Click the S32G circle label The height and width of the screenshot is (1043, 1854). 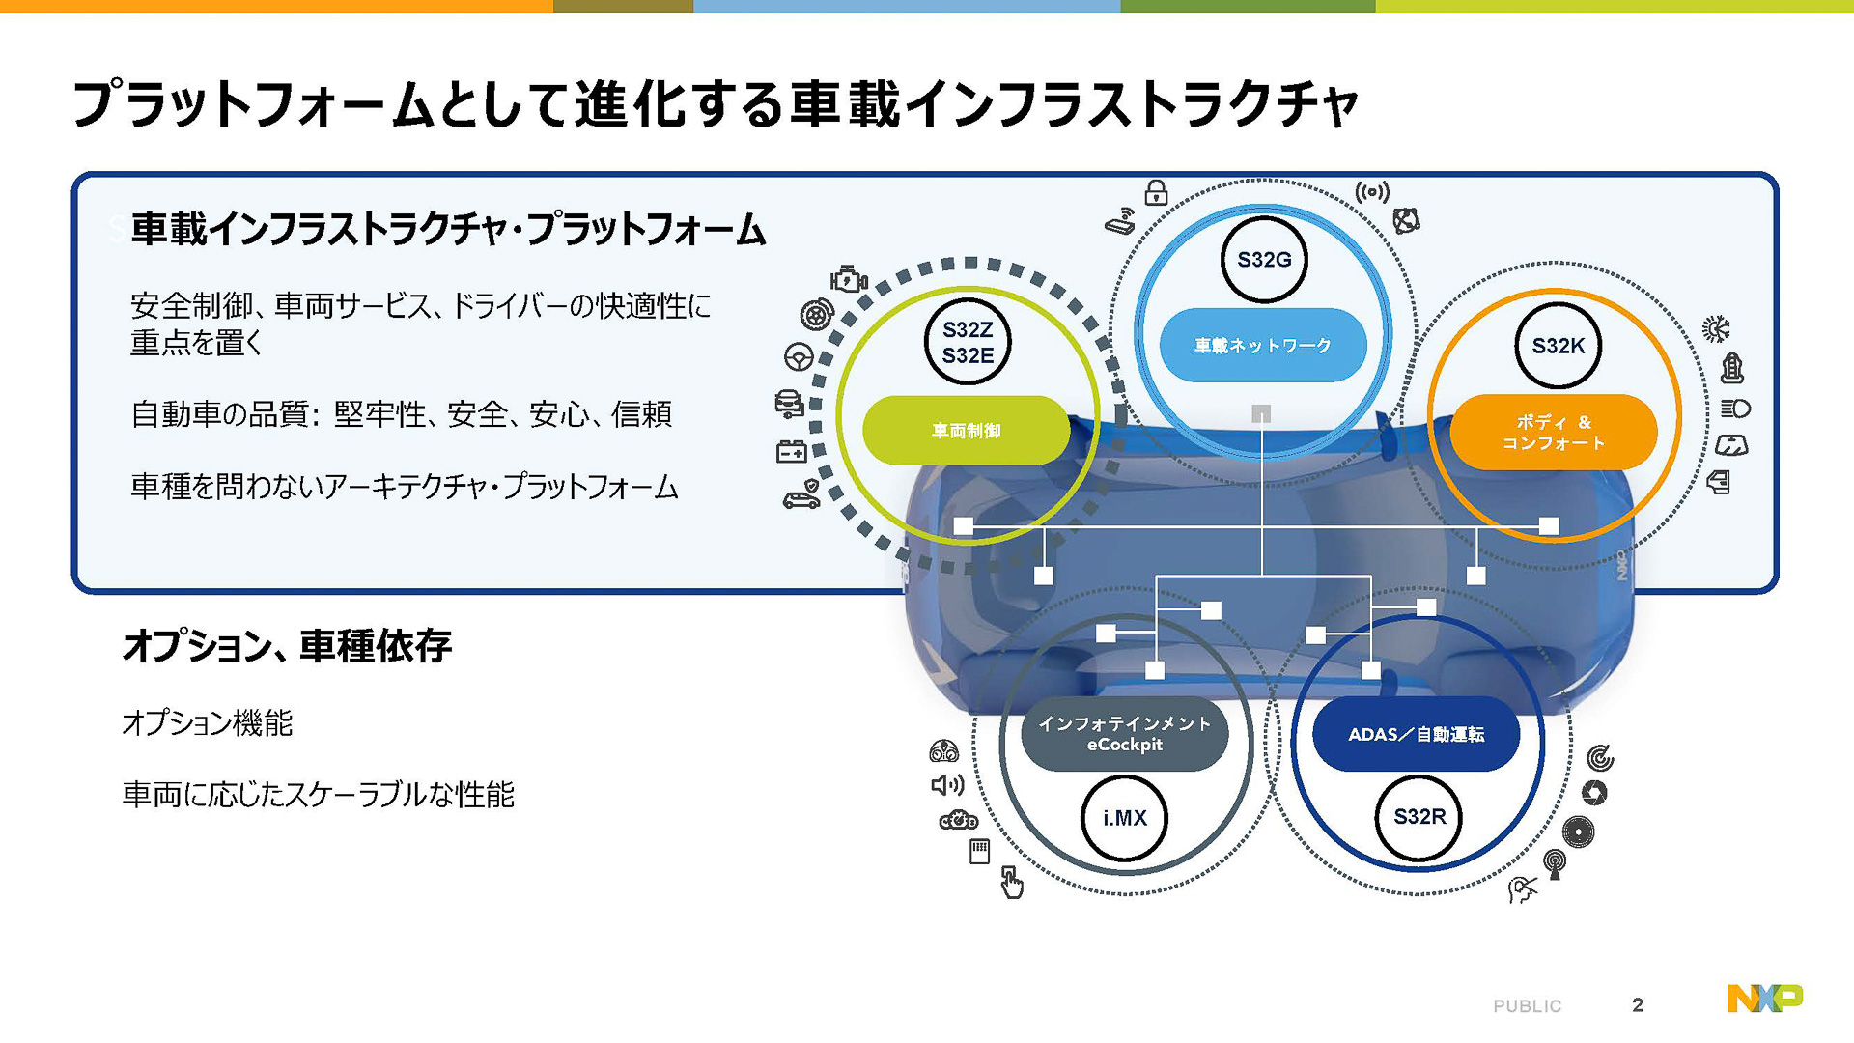(x=1264, y=260)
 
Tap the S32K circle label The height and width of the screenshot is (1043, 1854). (x=1558, y=346)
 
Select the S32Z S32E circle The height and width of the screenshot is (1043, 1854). (x=968, y=343)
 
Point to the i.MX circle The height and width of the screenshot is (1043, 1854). (x=1125, y=818)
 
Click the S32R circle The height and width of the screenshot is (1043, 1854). (x=1419, y=817)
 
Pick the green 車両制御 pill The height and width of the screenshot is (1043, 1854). (x=966, y=431)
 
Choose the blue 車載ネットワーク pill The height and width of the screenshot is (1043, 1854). (x=1262, y=345)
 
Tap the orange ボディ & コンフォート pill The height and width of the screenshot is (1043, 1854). (x=1553, y=433)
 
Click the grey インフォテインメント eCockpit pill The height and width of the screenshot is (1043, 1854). (x=1124, y=734)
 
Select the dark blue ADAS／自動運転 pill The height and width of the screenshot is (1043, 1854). (x=1416, y=734)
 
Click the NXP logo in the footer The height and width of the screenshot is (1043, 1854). (x=1764, y=998)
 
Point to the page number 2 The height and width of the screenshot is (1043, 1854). (x=1638, y=1005)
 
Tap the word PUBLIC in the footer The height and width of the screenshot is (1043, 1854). (x=1527, y=1006)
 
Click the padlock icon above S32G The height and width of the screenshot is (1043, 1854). (x=1156, y=193)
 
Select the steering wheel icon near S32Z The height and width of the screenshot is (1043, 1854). (x=799, y=357)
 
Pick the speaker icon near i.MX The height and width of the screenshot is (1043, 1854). (x=946, y=785)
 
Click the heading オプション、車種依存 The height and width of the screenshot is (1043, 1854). (x=287, y=646)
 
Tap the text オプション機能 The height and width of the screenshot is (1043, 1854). (x=207, y=722)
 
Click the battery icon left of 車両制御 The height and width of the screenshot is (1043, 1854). (x=792, y=451)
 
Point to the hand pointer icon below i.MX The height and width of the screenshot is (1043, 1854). (x=1011, y=882)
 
